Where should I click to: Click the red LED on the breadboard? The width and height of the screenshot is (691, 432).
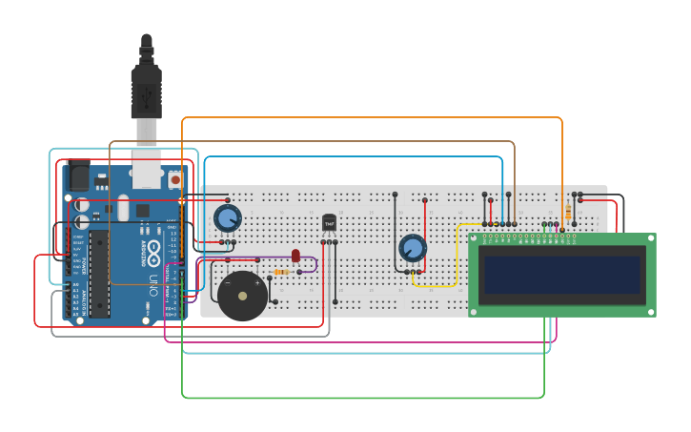click(x=295, y=256)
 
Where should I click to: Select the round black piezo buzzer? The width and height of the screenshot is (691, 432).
click(x=242, y=296)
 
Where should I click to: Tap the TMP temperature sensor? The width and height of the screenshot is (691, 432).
click(x=329, y=222)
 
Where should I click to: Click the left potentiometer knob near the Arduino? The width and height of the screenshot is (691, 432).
click(x=227, y=218)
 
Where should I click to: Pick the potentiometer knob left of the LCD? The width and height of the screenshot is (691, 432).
click(x=412, y=248)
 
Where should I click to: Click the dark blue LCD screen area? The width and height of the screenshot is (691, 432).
click(x=561, y=274)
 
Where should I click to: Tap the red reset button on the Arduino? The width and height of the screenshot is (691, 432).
click(x=174, y=179)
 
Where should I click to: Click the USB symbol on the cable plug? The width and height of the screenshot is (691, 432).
click(x=146, y=95)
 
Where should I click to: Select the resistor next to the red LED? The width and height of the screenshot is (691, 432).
click(x=282, y=272)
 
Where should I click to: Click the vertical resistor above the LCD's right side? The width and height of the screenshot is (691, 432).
click(x=569, y=211)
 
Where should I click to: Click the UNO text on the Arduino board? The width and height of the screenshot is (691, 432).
click(x=152, y=283)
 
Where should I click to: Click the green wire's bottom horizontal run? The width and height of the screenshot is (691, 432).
click(x=362, y=397)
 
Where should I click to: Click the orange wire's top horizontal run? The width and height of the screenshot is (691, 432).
click(x=372, y=118)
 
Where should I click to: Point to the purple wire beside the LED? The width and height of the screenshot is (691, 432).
click(x=315, y=263)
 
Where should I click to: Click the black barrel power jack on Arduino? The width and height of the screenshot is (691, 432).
click(x=78, y=177)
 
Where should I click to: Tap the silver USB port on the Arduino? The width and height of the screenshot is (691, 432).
click(x=146, y=172)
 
